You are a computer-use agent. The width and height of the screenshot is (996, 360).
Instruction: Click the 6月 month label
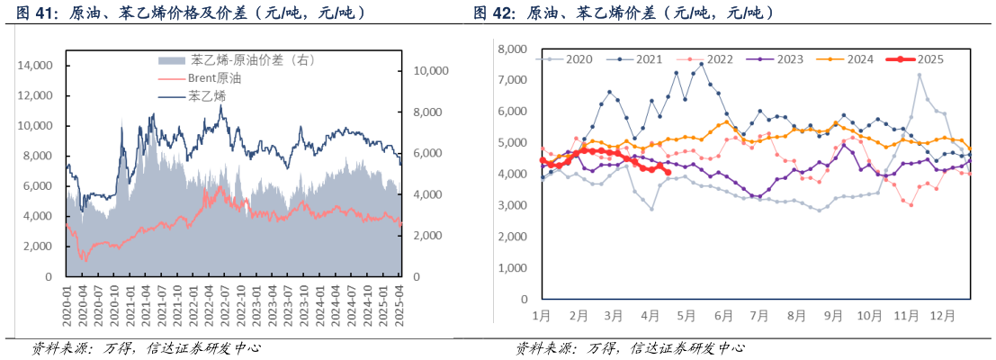pyautogui.click(x=722, y=316)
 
